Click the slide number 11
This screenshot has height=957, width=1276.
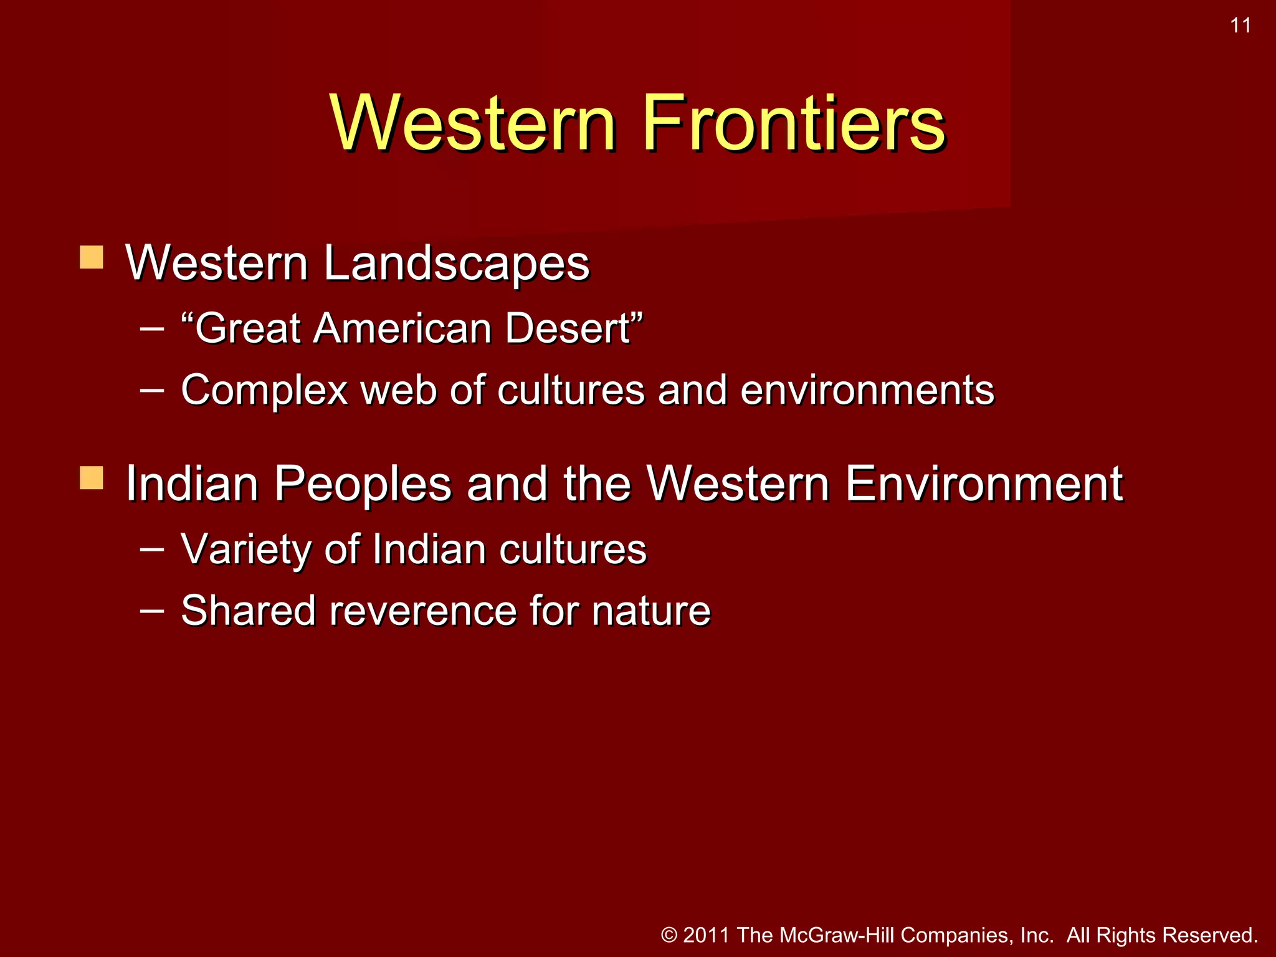pyautogui.click(x=1240, y=26)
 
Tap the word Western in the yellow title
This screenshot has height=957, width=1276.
pyautogui.click(x=474, y=123)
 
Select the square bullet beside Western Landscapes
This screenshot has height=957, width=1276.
pyautogui.click(x=92, y=257)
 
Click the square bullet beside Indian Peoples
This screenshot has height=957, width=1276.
pyautogui.click(x=92, y=478)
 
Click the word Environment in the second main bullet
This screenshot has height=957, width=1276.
pyautogui.click(x=984, y=484)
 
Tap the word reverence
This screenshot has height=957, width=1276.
pyautogui.click(x=423, y=611)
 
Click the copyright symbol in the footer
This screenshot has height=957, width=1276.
pyautogui.click(x=669, y=935)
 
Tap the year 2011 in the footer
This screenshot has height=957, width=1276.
pyautogui.click(x=706, y=935)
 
